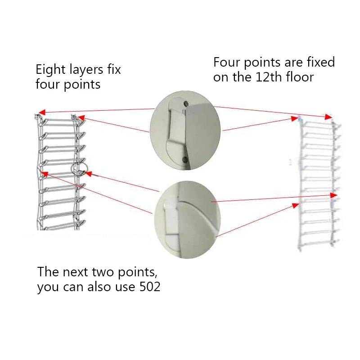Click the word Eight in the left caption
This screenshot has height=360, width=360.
point(48,70)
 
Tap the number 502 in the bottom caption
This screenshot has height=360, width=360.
point(148,287)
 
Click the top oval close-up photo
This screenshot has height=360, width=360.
point(185,130)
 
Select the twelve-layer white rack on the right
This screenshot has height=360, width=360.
point(317,182)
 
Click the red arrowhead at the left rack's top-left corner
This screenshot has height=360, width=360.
point(41,112)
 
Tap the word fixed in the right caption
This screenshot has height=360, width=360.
point(319,62)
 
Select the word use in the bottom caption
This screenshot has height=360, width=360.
point(124,287)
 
